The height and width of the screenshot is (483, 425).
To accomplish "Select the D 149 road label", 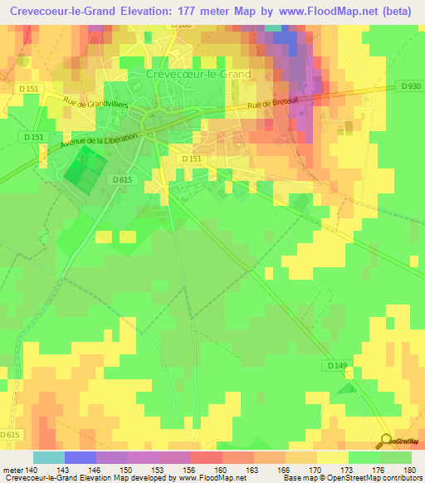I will [336, 365].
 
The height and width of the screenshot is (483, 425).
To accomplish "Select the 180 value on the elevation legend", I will [409, 469].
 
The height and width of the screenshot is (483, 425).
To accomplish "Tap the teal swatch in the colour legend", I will [49, 457].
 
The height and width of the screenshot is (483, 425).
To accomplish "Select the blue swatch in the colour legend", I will [81, 457].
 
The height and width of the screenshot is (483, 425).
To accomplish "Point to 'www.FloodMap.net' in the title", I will [319, 12].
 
